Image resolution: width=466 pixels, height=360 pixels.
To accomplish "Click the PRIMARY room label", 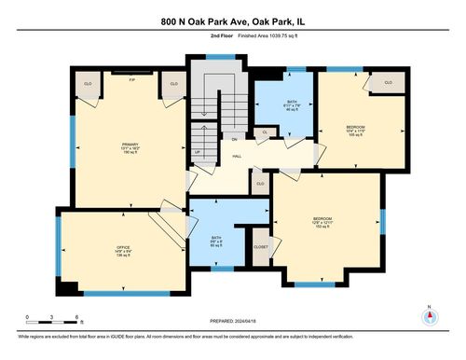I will (130, 145).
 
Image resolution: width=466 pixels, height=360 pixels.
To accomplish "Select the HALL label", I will (237, 157).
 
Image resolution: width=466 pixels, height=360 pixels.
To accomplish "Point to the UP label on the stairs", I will (197, 150).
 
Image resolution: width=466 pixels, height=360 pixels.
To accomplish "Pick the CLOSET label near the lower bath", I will (261, 246).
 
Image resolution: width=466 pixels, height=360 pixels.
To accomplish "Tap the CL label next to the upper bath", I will (265, 133).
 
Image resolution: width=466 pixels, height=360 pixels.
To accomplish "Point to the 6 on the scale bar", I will (76, 318).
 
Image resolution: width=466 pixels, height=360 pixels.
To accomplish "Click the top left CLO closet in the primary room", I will (87, 83).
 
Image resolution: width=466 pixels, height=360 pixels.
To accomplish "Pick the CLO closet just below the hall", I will (260, 184).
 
